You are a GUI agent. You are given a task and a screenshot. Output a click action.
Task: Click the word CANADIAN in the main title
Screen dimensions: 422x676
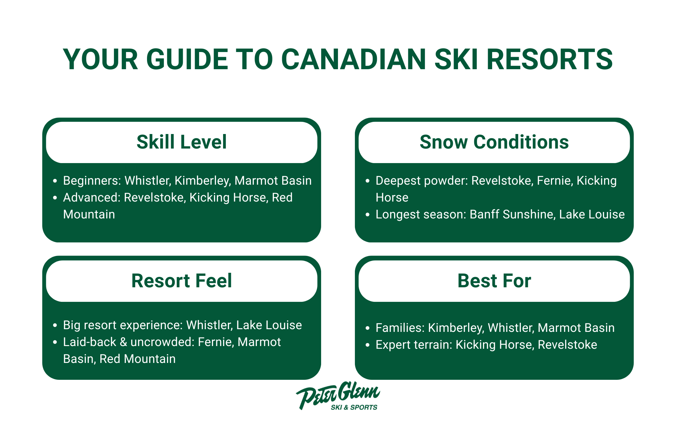pos(353,59)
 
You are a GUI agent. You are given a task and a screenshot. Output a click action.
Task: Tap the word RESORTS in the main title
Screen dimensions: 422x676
pos(550,59)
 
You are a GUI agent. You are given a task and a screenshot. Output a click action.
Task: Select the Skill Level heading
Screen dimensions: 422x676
pos(182,142)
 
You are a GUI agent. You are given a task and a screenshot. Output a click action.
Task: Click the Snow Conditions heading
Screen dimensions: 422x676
pos(494,142)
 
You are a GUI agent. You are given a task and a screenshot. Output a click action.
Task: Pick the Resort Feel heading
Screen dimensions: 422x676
pos(182,281)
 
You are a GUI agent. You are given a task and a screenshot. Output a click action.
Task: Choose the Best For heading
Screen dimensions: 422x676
pos(494,281)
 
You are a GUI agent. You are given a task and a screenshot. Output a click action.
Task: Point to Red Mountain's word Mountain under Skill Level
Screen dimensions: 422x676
pos(89,214)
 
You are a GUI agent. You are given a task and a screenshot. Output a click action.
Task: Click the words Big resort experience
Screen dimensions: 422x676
pos(122,325)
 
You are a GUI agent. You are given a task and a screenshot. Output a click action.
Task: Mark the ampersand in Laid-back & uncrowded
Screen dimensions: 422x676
pos(123,342)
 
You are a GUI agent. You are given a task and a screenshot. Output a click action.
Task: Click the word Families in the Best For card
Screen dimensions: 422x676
pos(399,328)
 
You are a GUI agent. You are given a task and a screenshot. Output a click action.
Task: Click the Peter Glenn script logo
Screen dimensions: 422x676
pos(338,393)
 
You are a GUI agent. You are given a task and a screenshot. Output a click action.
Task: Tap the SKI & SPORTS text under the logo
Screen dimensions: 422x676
pos(354,407)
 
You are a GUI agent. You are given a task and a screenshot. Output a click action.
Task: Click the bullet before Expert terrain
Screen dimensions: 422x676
pos(368,345)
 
